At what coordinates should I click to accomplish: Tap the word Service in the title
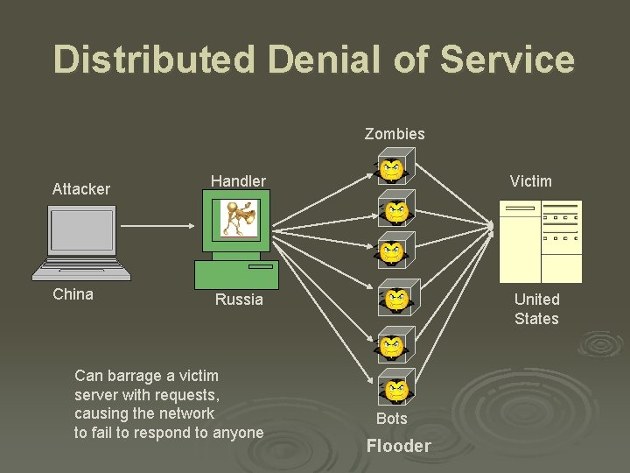tap(507, 60)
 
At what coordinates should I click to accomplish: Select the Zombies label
tap(395, 134)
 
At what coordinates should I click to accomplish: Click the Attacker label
tap(81, 189)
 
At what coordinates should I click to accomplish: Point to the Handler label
tap(238, 181)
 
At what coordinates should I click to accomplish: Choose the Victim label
tap(530, 181)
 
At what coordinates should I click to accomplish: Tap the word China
tap(73, 294)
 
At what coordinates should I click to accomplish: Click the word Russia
tap(239, 300)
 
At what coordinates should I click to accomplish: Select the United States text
tap(536, 309)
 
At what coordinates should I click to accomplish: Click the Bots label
tap(392, 419)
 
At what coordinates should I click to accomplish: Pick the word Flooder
tap(398, 446)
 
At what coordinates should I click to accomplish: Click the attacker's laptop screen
tap(82, 230)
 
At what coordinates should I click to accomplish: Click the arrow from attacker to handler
tap(157, 226)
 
